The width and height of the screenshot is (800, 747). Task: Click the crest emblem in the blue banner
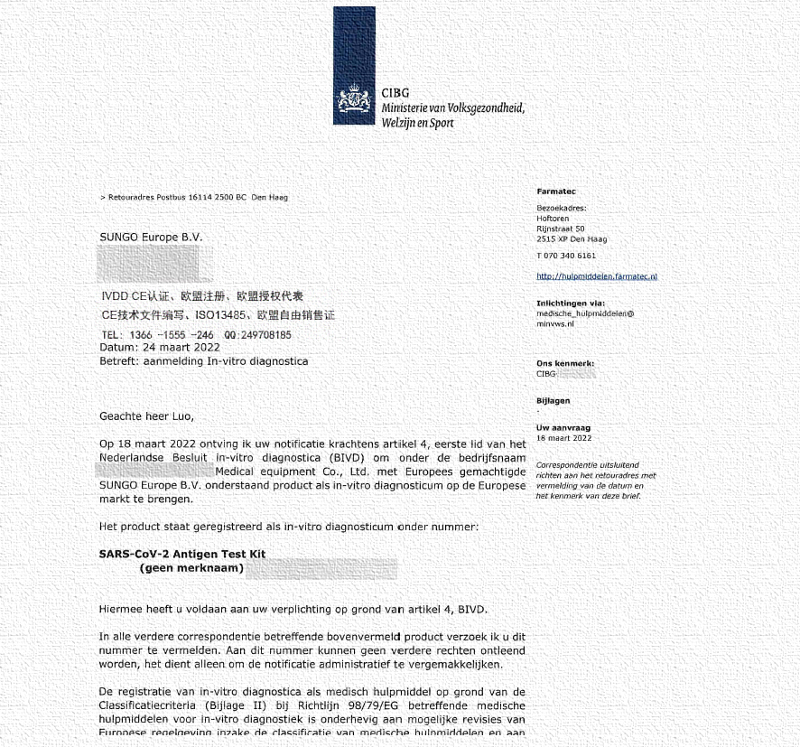tap(354, 104)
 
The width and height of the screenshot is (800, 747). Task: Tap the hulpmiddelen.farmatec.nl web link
tap(597, 276)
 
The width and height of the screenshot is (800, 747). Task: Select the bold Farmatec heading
tap(556, 191)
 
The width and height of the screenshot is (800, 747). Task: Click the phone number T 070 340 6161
tap(566, 256)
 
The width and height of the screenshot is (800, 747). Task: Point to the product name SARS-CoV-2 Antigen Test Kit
tap(182, 554)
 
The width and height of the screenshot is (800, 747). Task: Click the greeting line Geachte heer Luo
tap(146, 416)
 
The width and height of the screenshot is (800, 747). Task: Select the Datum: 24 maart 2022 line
tap(160, 347)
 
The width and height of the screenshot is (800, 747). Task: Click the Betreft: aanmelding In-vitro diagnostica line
tap(203, 361)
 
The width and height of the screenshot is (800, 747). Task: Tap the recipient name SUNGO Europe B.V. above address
tap(151, 238)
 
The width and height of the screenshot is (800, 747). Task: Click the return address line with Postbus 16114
tap(194, 197)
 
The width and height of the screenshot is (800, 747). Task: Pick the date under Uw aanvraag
tap(564, 438)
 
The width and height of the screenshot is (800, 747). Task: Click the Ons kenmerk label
tap(565, 363)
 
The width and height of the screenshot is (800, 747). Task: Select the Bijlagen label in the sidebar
tap(553, 401)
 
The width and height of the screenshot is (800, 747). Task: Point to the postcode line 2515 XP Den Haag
tap(572, 239)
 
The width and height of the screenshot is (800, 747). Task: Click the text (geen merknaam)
tap(191, 568)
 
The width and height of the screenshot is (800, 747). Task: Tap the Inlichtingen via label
tap(571, 303)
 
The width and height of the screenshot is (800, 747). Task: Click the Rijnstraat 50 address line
tap(561, 229)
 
